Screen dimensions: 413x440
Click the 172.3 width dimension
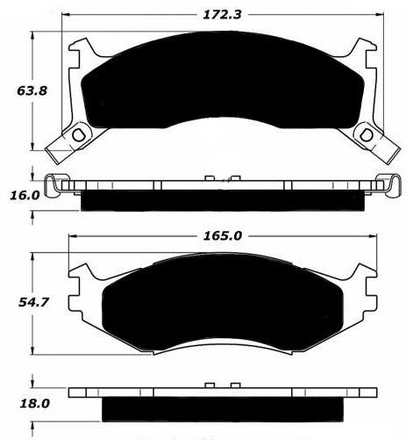tap(222, 15)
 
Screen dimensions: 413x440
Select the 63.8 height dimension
tap(32, 90)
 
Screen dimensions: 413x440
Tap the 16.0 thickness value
tap(25, 195)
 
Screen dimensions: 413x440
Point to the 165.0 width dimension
tap(223, 235)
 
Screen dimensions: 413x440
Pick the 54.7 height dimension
tap(33, 302)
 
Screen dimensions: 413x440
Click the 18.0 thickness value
tap(34, 404)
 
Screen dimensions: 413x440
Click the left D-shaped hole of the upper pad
tap(78, 135)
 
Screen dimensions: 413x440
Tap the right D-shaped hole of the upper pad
tap(366, 135)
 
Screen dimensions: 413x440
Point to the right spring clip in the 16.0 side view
tap(388, 185)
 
